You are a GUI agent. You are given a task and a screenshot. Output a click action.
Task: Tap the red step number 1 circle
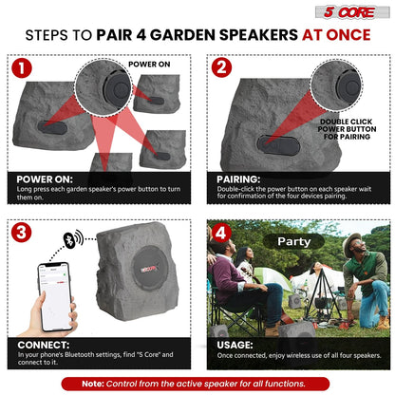(21, 68)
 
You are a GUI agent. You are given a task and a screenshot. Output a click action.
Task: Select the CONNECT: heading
(42, 344)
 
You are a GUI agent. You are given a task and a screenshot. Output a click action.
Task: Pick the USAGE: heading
(235, 344)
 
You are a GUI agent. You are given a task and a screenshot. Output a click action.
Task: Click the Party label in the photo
(293, 242)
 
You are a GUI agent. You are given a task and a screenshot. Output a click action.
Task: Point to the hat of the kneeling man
(353, 243)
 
